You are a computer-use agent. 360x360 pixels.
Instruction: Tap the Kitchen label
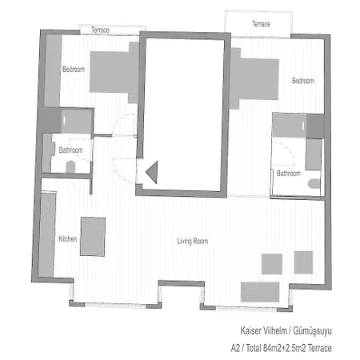67,239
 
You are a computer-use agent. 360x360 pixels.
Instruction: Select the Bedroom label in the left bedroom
74,70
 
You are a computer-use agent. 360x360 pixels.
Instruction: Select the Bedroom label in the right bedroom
302,81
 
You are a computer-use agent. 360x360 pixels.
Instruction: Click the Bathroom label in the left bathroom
70,150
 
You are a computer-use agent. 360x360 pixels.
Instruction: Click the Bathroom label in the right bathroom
288,173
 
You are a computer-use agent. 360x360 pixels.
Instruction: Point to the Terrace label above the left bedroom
100,30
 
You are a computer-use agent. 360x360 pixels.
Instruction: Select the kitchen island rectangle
93,236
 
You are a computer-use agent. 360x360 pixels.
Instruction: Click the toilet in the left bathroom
70,166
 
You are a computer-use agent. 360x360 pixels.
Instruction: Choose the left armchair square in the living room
273,263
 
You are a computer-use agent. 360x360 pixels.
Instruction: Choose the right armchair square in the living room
303,262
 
